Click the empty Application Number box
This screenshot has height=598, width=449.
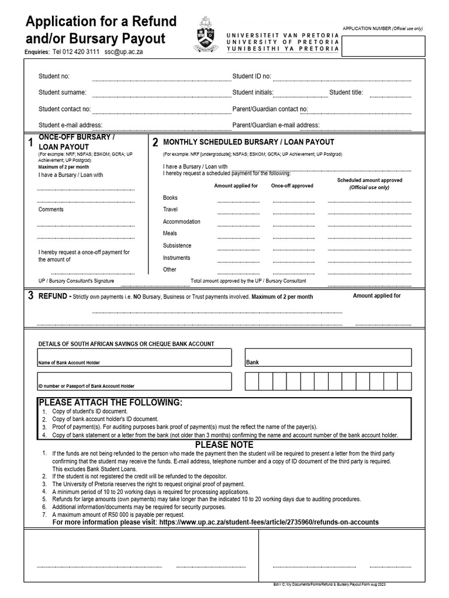pos(383,46)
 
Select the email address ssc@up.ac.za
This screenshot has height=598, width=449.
pos(124,51)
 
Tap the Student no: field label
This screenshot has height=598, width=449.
pos(54,77)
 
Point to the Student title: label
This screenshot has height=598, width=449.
pos(346,92)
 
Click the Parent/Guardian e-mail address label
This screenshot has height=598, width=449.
pos(276,125)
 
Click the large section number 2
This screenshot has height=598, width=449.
pos(156,142)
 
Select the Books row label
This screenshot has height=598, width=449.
pos(170,198)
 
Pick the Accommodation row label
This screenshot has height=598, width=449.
pos(181,222)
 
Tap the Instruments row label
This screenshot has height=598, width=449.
pos(177,258)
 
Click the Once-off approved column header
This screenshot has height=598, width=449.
pos(292,186)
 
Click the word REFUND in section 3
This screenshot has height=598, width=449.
pos(53,296)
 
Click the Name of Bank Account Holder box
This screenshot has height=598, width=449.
pos(134,357)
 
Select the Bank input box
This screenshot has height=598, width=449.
pos(328,357)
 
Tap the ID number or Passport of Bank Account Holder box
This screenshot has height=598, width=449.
pos(134,381)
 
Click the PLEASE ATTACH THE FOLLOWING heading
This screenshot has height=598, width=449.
pos(110,403)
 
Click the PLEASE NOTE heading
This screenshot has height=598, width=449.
pos(224,445)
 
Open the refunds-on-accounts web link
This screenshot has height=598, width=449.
pos(269,522)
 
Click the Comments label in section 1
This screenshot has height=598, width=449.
pos(51,210)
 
